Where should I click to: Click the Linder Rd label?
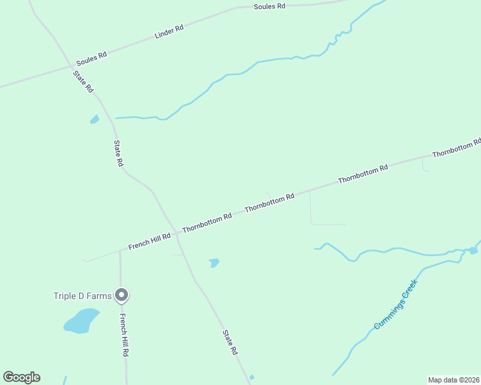tap(170, 31)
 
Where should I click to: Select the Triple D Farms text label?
tap(82, 296)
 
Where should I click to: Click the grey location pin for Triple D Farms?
tap(122, 295)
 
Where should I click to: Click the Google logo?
tap(21, 377)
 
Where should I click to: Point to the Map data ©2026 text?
tap(453, 379)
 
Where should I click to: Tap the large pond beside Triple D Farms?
tap(82, 320)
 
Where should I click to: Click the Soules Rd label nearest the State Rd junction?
tap(91, 58)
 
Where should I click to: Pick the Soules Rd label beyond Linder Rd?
tap(269, 6)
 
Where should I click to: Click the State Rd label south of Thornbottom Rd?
tap(230, 343)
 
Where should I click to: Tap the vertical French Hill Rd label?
tap(125, 336)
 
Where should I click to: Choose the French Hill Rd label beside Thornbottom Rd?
tap(149, 241)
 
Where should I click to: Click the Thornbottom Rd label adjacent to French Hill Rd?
tap(206, 223)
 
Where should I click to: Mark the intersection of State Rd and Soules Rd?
tap(70, 66)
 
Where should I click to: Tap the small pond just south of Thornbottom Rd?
tap(214, 262)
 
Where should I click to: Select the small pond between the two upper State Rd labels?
tap(95, 119)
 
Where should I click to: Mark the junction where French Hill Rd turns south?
tap(120, 251)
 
